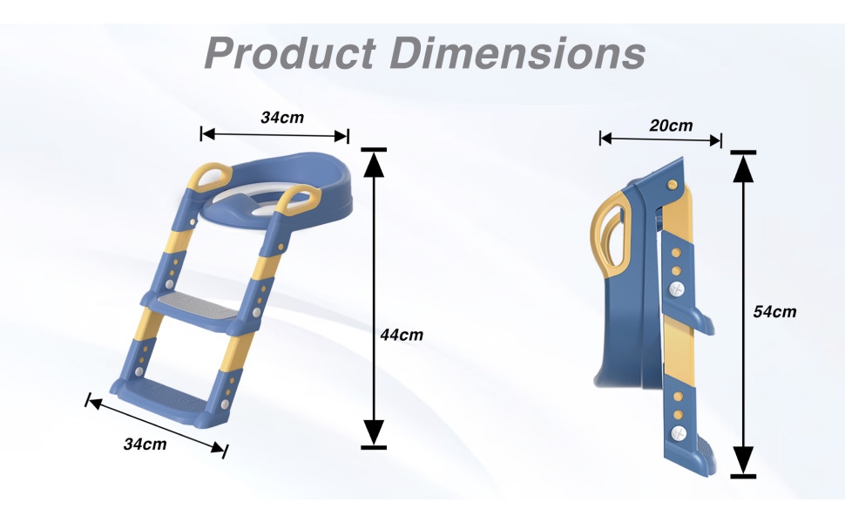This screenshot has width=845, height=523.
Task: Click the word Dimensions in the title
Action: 518,53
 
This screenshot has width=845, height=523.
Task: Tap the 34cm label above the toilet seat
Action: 282,117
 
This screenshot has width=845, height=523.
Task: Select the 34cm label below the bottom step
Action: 145,444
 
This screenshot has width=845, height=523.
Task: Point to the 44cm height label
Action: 402,334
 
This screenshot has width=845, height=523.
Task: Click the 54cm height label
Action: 774,311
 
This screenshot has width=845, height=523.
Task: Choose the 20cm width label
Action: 671,125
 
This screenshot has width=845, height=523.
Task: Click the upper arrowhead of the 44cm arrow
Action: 373,164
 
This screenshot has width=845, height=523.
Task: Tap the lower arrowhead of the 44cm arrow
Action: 373,432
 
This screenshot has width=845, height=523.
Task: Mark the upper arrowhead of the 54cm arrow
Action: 743,166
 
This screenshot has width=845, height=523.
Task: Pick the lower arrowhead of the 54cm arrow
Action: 743,459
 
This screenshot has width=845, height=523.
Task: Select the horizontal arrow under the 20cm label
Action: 660,139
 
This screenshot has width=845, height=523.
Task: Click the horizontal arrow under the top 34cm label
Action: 274,134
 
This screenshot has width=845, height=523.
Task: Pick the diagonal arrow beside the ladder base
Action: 156,426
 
